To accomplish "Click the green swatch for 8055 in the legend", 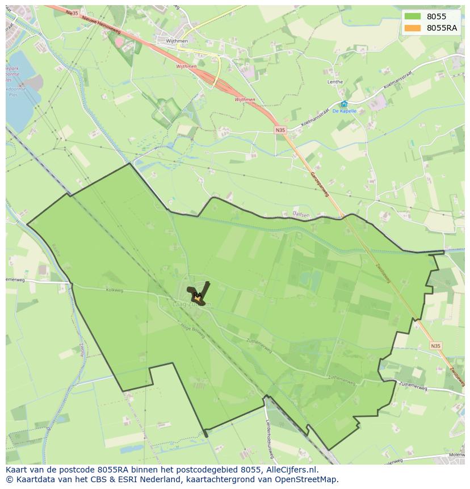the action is [x=413, y=16].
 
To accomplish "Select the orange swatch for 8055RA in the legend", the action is [x=413, y=28].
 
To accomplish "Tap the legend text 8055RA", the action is [x=442, y=28].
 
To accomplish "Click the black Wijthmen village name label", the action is [x=176, y=41].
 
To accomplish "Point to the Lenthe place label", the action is [x=335, y=82].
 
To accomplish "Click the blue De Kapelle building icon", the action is [x=344, y=104].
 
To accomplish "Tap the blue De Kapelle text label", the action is [x=344, y=111].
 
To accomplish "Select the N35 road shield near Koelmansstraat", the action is [x=280, y=130].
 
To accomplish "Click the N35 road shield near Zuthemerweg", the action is [x=435, y=345].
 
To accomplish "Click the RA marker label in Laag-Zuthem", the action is [x=197, y=295].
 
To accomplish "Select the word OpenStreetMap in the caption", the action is [x=307, y=479].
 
